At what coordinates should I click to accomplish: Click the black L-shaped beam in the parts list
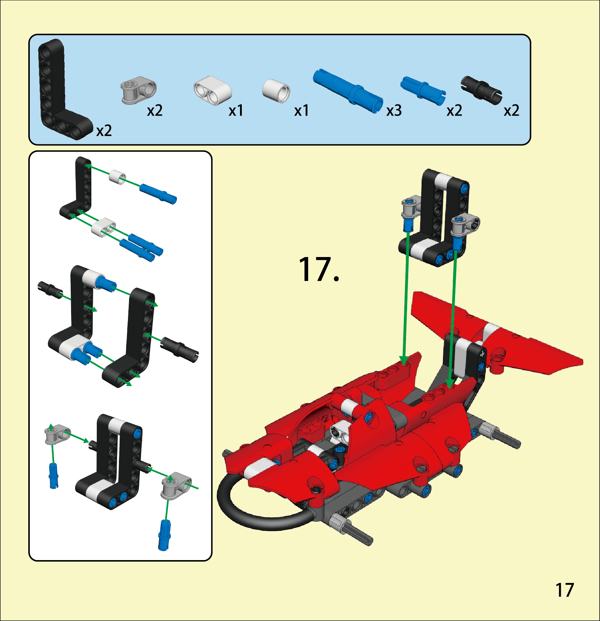click(51, 87)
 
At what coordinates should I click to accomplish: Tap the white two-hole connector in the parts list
click(212, 91)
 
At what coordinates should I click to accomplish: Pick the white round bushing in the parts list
click(276, 91)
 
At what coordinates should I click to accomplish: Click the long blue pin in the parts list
click(348, 91)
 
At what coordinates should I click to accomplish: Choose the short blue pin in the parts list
click(423, 91)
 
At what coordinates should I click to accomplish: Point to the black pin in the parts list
click(481, 90)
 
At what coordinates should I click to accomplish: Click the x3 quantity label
click(394, 111)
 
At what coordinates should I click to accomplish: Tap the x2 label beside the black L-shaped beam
click(104, 131)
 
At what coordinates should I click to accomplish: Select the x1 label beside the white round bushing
click(301, 111)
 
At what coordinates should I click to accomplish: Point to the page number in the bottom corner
click(564, 590)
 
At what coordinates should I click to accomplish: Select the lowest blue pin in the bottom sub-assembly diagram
click(164, 535)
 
